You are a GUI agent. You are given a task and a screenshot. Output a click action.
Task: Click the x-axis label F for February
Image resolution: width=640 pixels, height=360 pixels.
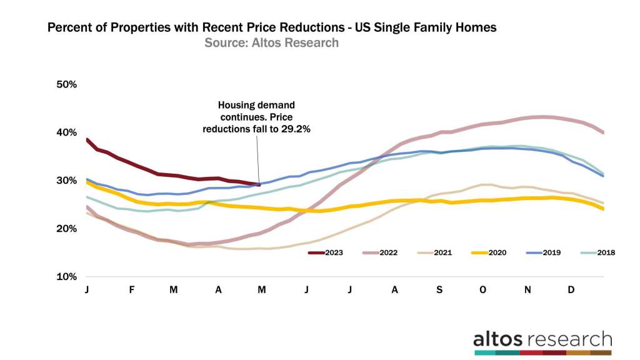[131, 291]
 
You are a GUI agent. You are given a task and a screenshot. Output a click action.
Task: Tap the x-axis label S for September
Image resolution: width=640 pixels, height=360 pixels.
[439, 291]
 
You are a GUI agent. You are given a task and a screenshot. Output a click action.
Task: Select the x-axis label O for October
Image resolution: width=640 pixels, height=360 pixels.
[482, 291]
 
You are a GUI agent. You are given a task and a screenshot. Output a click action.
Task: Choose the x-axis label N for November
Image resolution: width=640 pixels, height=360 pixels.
[527, 291]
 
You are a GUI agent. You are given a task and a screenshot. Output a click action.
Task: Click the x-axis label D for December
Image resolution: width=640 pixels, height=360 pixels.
[571, 291]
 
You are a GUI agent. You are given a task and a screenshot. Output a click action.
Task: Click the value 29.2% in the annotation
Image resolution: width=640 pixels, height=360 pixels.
[281, 129]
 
